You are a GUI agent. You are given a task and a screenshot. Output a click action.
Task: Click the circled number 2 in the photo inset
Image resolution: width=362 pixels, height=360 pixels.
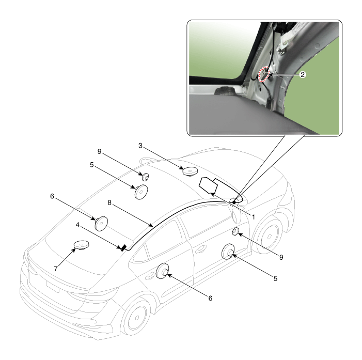pos(303,74)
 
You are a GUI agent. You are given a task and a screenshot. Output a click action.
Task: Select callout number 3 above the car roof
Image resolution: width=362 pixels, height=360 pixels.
pos(140,146)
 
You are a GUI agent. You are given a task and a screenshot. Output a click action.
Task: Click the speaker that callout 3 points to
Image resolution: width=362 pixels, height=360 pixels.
pos(190,171)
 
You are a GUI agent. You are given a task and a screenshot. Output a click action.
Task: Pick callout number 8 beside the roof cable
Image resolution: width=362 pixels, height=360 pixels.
pos(109,203)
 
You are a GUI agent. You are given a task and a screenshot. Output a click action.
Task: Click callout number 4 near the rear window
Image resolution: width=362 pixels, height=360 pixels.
pos(77,225)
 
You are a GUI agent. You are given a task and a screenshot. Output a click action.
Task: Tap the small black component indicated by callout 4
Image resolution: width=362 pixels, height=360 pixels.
pos(123,247)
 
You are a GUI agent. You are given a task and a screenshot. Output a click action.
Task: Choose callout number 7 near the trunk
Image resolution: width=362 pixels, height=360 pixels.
pos(56,269)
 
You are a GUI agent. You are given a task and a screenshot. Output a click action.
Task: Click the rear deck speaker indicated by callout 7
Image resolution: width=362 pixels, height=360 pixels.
pos(81,245)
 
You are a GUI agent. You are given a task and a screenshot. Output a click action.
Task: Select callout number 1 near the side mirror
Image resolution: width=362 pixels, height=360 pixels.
pos(253,217)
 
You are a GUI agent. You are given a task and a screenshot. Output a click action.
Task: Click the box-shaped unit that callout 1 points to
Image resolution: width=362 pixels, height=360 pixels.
pos(208,185)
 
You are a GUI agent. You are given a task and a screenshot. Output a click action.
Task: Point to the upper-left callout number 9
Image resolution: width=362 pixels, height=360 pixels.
pos(100,151)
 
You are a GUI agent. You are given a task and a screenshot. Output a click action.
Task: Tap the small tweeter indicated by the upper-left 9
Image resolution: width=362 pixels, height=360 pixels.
pos(145,177)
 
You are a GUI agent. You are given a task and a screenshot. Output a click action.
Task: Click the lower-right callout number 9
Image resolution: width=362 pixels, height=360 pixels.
pos(281,257)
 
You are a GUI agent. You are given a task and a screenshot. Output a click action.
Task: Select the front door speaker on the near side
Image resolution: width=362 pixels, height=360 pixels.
pos(228,252)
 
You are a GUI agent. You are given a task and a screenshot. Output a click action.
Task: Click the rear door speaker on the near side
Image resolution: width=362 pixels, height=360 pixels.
pos(163,271)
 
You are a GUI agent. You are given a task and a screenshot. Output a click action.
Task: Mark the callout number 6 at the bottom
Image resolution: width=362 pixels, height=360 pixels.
pos(210,298)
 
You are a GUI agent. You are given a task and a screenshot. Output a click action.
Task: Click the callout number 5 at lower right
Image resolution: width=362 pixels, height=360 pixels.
pos(275,278)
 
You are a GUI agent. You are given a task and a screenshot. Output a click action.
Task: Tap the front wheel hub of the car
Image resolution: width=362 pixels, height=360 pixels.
pos(269,237)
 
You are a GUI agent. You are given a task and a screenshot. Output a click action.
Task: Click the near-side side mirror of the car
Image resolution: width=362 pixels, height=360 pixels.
pos(237,216)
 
